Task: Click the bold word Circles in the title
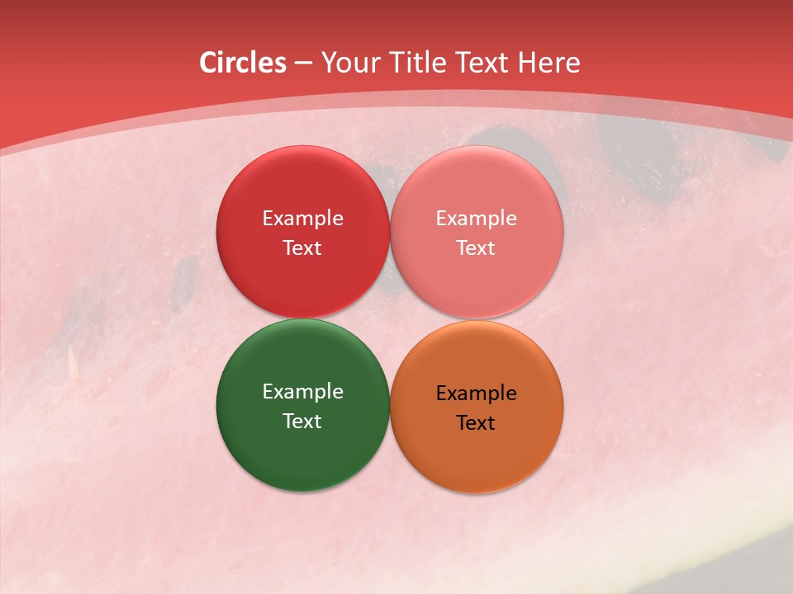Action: pyautogui.click(x=242, y=62)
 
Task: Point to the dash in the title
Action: pyautogui.click(x=303, y=63)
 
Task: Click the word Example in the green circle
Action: pyautogui.click(x=302, y=391)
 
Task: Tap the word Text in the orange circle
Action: pyautogui.click(x=476, y=422)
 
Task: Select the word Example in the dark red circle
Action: pyautogui.click(x=302, y=218)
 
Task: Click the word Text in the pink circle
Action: pyautogui.click(x=476, y=247)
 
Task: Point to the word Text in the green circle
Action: pyautogui.click(x=302, y=421)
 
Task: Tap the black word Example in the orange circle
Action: pyautogui.click(x=476, y=393)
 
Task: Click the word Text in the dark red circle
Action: pyautogui.click(x=302, y=247)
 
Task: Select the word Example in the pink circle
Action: pyautogui.click(x=476, y=218)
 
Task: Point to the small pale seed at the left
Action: pyautogui.click(x=73, y=360)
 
